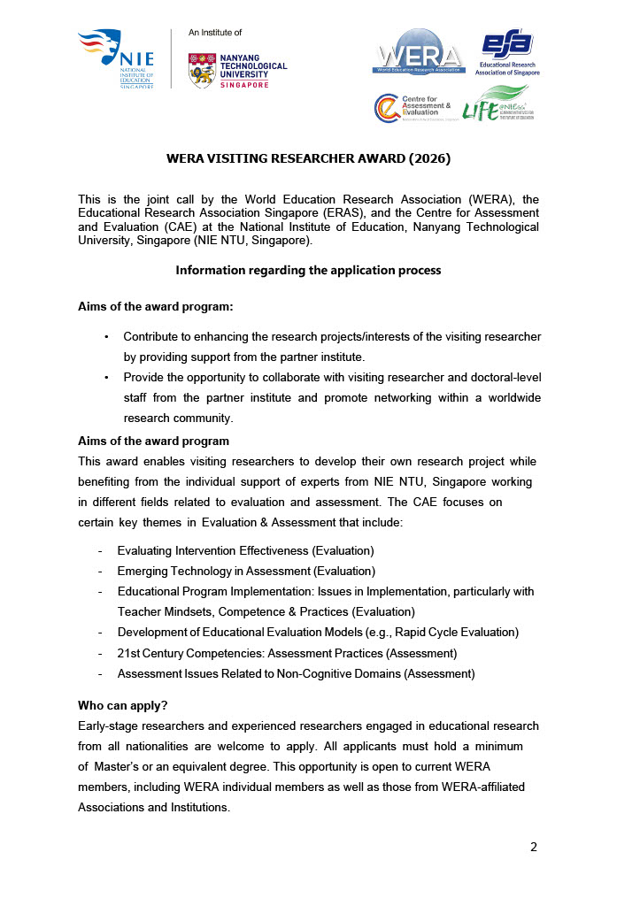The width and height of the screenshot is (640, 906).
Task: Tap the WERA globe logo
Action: point(418,53)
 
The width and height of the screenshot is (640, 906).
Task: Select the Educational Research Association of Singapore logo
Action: point(506,54)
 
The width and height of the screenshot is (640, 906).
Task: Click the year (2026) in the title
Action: point(423,159)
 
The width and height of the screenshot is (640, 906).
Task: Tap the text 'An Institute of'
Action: point(215,32)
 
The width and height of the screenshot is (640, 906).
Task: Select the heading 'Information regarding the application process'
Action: point(308,270)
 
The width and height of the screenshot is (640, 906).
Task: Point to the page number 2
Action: point(533,847)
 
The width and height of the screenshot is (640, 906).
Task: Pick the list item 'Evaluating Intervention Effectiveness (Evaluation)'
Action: point(245,550)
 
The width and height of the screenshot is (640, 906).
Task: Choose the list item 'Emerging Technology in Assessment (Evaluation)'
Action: point(246,571)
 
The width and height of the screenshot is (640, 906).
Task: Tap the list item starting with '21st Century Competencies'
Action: point(287,653)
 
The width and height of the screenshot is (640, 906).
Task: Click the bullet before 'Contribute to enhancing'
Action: point(107,337)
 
